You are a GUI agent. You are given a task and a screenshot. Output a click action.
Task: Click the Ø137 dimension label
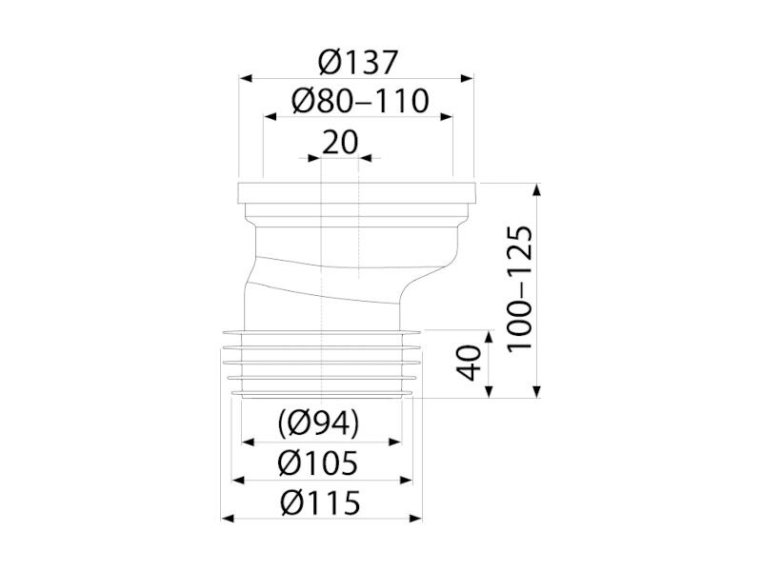(x=358, y=62)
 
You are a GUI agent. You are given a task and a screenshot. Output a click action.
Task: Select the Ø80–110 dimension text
(x=360, y=101)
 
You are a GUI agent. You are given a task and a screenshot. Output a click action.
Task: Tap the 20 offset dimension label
(x=340, y=142)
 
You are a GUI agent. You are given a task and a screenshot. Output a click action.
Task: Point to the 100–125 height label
(x=519, y=289)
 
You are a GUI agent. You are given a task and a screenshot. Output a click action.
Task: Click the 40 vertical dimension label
(x=469, y=363)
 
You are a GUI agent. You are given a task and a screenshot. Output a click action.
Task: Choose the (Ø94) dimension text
(x=319, y=423)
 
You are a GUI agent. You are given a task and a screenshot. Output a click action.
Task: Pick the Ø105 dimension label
(x=317, y=463)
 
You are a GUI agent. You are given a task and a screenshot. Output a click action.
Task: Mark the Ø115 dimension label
(x=320, y=502)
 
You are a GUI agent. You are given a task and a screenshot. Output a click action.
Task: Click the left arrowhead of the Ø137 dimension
(x=246, y=78)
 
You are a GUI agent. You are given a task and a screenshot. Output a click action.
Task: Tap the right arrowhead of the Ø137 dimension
(x=467, y=78)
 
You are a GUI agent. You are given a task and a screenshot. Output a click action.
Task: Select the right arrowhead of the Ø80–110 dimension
(x=447, y=116)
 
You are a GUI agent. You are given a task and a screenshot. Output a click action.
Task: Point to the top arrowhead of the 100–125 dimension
(x=536, y=189)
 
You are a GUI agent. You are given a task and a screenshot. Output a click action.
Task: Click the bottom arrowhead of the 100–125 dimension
(x=536, y=391)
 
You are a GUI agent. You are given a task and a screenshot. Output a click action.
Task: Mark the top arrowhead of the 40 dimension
(x=489, y=337)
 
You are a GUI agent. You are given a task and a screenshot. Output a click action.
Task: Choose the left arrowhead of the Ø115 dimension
(x=228, y=519)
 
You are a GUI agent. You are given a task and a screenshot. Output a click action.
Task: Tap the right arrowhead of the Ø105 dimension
(x=406, y=481)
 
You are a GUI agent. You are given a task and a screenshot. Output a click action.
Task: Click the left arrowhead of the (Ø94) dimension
(x=249, y=442)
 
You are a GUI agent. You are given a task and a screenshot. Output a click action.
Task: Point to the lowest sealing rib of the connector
(x=323, y=393)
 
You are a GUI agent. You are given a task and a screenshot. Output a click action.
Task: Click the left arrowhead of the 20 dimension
(x=314, y=158)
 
